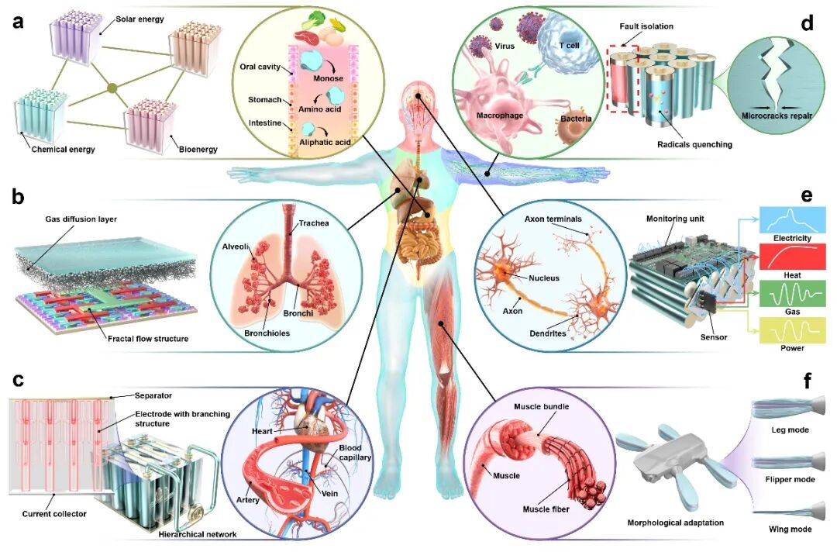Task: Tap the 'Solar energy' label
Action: pos(139,19)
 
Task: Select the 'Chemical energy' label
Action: pos(63,149)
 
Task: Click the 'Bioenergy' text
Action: pos(198,149)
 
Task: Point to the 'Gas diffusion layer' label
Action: pos(81,219)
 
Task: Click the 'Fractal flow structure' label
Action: pos(148,339)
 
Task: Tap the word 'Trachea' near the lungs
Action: pos(314,223)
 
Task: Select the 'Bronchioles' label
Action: pos(267,333)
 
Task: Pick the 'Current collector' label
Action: pos(54,513)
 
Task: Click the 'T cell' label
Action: pos(570,46)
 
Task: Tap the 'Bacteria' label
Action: pos(576,119)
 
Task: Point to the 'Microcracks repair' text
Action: pos(777,116)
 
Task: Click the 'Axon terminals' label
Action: pos(553,219)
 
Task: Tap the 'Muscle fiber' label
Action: pos(546,509)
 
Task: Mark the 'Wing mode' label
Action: pos(790,529)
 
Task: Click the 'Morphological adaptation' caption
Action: pos(675,523)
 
